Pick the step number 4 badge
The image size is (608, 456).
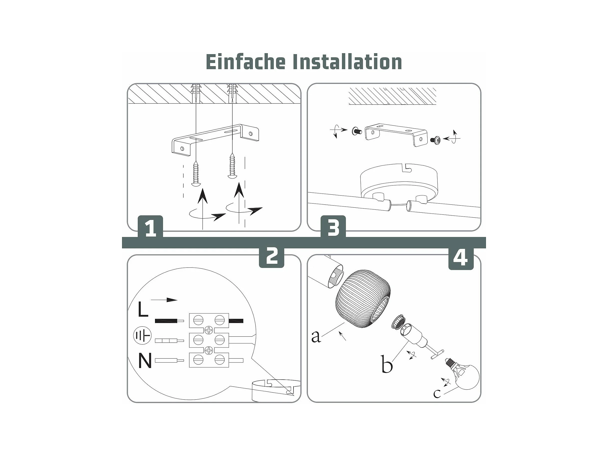click(461, 258)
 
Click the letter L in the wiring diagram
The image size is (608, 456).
click(143, 309)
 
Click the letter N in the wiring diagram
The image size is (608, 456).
click(145, 361)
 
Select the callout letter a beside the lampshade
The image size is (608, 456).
click(316, 336)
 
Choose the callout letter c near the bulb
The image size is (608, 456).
click(437, 393)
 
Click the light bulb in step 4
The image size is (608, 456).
click(464, 374)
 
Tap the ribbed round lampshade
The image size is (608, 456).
click(363, 299)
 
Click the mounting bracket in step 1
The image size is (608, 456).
click(215, 140)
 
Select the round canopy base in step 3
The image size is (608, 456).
click(399, 182)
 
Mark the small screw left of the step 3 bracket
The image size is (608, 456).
click(356, 131)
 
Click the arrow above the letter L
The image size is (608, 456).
click(164, 300)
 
